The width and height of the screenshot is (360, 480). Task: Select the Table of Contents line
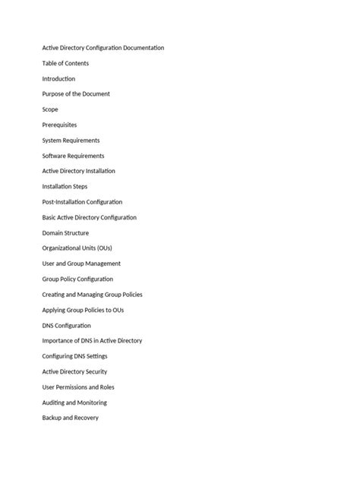65,63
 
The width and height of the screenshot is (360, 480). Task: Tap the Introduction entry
58,79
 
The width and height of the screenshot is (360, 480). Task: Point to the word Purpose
54,94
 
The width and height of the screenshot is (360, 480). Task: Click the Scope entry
50,109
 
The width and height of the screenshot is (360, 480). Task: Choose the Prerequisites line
59,125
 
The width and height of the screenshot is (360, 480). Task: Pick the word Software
55,156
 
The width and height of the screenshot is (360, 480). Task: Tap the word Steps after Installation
80,186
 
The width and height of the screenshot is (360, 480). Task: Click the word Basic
49,217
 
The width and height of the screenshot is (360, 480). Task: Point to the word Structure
76,233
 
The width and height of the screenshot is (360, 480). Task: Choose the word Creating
54,295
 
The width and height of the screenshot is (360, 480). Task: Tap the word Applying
55,310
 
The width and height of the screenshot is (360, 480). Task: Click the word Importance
58,341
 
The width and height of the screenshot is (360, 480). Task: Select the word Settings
96,356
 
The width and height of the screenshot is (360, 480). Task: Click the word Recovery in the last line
86,418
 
